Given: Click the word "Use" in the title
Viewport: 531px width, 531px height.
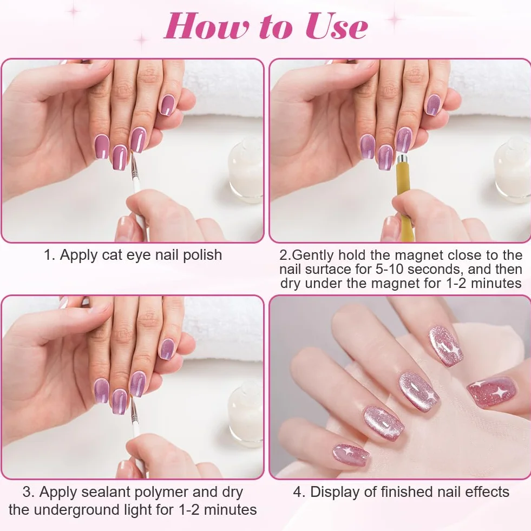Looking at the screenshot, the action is (x=337, y=27).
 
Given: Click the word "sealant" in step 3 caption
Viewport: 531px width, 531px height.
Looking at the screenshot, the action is (x=107, y=493).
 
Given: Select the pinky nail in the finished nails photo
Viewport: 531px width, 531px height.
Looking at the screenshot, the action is (x=351, y=455).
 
